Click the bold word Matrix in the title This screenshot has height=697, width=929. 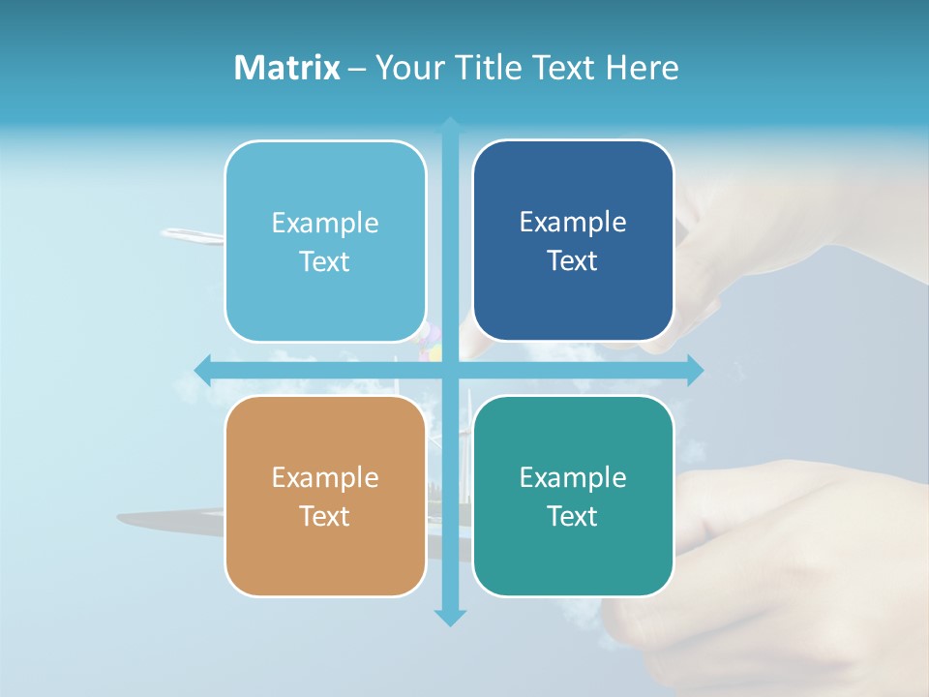(x=286, y=68)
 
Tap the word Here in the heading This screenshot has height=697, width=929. (x=643, y=68)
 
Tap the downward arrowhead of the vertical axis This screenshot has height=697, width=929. (x=450, y=617)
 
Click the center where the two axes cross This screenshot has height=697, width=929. (x=450, y=370)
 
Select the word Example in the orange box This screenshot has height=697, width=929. (x=325, y=477)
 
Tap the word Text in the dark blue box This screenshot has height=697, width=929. (x=572, y=260)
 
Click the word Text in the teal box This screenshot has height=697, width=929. (x=572, y=516)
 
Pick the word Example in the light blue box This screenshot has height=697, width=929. (x=325, y=223)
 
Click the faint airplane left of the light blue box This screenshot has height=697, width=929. (x=192, y=235)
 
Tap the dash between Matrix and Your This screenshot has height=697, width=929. (x=357, y=69)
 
